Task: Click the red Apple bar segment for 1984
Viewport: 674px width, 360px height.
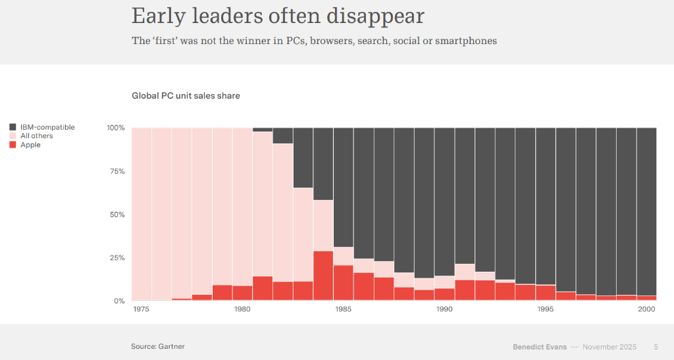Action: (x=323, y=276)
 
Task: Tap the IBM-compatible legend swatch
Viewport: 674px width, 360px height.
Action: (x=13, y=127)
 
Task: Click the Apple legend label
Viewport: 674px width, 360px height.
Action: (x=30, y=145)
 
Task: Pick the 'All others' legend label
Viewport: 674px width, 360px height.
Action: (x=36, y=136)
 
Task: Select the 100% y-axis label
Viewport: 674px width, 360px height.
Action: (x=115, y=128)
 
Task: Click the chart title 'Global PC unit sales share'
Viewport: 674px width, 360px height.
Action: (x=186, y=96)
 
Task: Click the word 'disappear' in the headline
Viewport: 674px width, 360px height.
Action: (x=376, y=15)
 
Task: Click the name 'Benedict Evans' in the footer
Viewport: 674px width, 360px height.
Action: (x=539, y=347)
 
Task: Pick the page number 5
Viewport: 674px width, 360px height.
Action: (x=656, y=347)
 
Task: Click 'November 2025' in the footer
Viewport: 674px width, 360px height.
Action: (x=609, y=347)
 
